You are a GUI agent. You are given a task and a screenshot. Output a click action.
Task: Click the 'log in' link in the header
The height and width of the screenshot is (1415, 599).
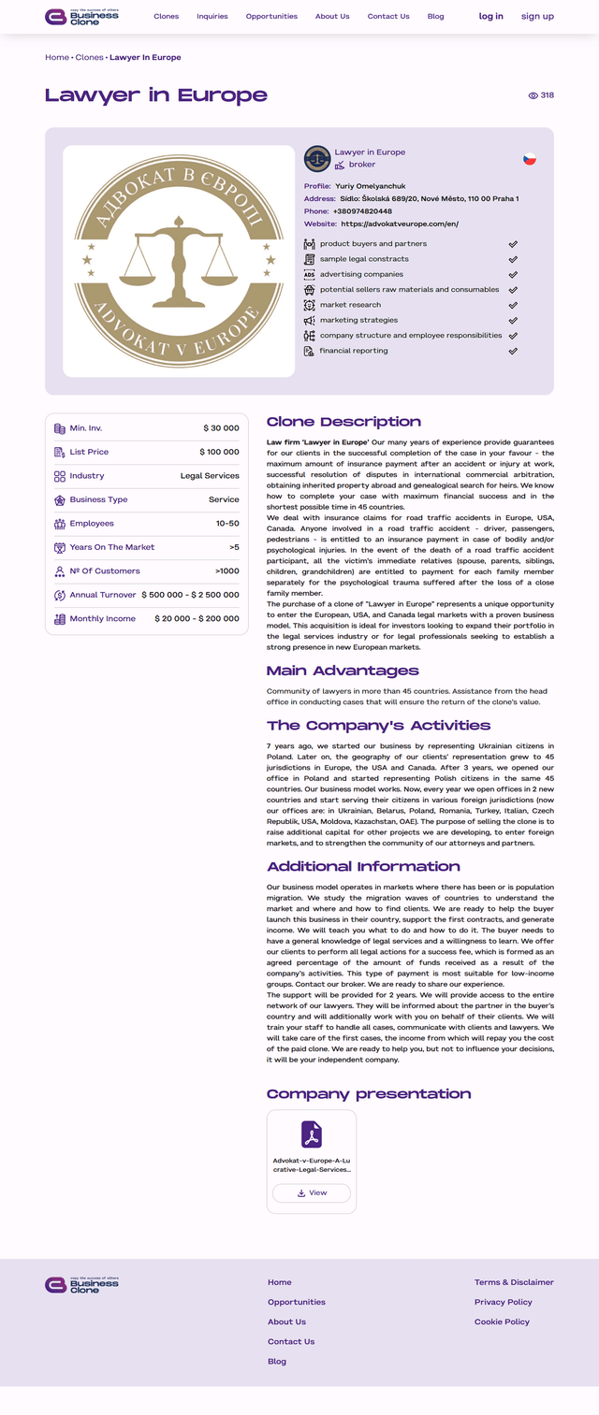click(490, 16)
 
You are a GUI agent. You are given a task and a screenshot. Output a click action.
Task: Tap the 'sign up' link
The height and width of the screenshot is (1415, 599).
click(537, 16)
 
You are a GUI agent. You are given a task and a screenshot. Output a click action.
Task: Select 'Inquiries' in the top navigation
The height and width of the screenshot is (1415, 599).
click(212, 16)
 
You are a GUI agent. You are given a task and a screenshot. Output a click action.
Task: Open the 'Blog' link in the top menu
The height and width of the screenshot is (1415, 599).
click(435, 16)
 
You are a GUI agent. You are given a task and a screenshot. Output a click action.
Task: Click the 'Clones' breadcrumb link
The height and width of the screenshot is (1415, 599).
click(89, 57)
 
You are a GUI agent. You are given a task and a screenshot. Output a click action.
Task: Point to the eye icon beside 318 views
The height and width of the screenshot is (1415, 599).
click(533, 95)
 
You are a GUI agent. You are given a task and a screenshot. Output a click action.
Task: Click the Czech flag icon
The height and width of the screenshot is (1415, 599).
click(530, 159)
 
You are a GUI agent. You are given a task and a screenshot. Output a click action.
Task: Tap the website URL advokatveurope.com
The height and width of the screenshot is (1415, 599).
click(400, 224)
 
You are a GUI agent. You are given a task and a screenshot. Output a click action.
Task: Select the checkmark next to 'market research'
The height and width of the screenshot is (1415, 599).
click(513, 305)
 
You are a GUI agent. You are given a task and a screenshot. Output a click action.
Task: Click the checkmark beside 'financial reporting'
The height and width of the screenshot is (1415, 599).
click(513, 351)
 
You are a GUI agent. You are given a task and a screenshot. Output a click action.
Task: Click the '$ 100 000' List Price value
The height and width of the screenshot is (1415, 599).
click(221, 452)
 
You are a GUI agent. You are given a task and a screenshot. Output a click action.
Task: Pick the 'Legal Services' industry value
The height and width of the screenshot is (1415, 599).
click(210, 476)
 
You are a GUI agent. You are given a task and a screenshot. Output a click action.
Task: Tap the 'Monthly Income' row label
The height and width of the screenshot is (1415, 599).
click(102, 619)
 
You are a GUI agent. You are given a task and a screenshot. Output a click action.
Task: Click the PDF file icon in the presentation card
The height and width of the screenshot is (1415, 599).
click(312, 1134)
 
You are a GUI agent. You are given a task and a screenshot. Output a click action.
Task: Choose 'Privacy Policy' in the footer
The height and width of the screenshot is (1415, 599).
click(503, 1302)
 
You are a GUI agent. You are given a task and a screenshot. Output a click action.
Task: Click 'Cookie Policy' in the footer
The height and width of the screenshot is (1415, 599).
click(502, 1321)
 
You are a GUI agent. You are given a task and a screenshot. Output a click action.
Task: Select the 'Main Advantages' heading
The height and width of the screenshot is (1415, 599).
click(343, 671)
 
